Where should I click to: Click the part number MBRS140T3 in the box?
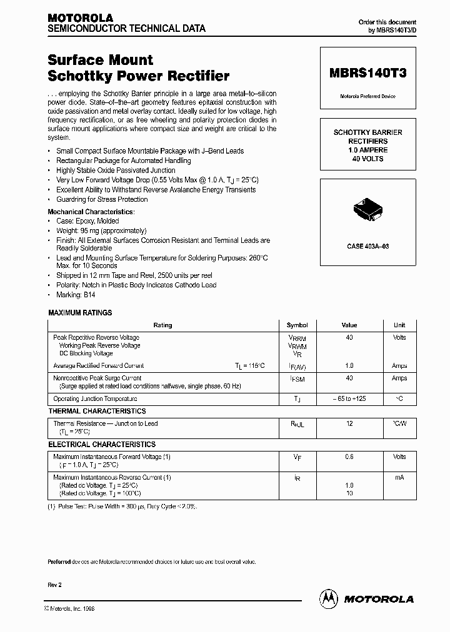367,73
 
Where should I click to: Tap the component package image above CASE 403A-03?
367,210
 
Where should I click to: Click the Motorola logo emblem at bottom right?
328,598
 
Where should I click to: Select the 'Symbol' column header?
297,325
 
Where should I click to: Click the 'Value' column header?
349,325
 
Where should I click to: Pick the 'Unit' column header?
399,325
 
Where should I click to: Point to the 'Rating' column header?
162,325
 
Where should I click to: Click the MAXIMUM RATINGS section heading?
80,313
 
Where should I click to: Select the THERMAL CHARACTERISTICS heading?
97,412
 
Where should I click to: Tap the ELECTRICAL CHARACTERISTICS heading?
102,445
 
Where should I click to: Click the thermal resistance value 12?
349,424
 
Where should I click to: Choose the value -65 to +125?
349,398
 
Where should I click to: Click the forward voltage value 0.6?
349,457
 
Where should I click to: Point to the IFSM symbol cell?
297,378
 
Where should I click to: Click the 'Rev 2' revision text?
55,585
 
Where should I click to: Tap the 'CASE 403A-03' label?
367,247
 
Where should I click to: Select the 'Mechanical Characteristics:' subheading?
91,212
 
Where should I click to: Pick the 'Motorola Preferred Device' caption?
367,96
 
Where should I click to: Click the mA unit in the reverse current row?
399,478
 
